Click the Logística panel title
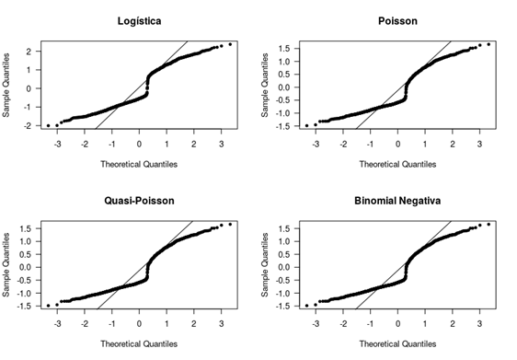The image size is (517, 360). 140,21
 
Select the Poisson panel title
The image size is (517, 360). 397,21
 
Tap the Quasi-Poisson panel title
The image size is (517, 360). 139,201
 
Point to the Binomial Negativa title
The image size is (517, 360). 397,201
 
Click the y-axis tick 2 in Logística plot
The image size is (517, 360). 29,52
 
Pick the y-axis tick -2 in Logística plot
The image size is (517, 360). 28,126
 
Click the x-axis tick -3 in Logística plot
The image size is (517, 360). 57,145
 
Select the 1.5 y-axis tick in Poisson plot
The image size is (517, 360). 283,49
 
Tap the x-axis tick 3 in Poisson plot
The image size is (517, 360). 479,145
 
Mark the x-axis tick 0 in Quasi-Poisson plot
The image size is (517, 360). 139,324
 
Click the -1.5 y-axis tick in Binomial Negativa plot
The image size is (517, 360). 282,307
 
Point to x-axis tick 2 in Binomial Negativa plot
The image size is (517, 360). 453,324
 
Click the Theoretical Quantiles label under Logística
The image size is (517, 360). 139,164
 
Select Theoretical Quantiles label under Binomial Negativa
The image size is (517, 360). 397,344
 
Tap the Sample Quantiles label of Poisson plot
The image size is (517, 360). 265,85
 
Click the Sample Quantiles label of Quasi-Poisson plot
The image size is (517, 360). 6,265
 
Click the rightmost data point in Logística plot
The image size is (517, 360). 230,44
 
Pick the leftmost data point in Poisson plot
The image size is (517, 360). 306,126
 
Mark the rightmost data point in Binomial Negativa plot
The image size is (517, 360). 488,225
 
